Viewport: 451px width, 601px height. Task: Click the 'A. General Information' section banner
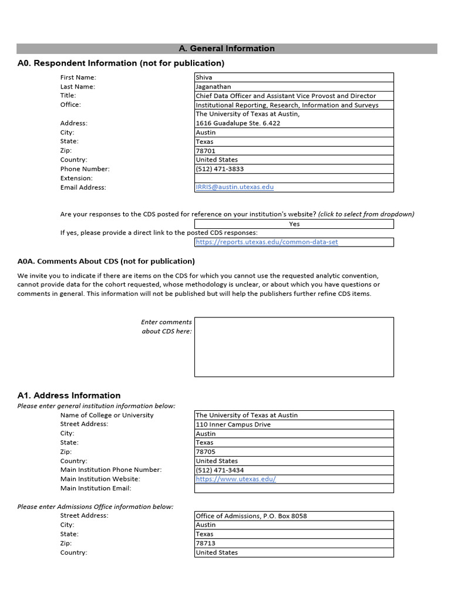click(x=226, y=49)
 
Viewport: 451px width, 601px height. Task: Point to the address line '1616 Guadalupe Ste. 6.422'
click(x=238, y=123)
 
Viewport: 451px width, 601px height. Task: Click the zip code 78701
click(x=206, y=151)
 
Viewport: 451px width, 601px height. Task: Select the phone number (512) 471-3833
click(x=220, y=169)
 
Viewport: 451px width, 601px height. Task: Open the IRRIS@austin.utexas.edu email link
click(x=234, y=187)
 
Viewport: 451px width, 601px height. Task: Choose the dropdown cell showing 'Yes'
click(x=294, y=224)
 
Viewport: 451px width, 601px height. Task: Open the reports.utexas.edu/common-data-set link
click(x=267, y=242)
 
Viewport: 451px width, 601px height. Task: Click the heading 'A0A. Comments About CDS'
click(x=106, y=261)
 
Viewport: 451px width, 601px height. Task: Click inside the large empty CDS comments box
click(x=294, y=347)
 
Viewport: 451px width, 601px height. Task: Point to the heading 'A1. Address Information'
click(x=69, y=396)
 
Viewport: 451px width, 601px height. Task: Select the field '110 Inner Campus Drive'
click(x=233, y=424)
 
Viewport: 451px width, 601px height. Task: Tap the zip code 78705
click(x=206, y=452)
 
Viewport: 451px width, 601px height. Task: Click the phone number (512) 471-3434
click(x=220, y=470)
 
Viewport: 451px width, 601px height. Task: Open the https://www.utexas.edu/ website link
click(x=235, y=479)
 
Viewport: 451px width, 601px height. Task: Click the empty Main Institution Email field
click(x=294, y=488)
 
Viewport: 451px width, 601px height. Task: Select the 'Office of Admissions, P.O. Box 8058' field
click(x=251, y=516)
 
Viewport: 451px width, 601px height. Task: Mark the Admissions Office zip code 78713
click(x=206, y=543)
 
